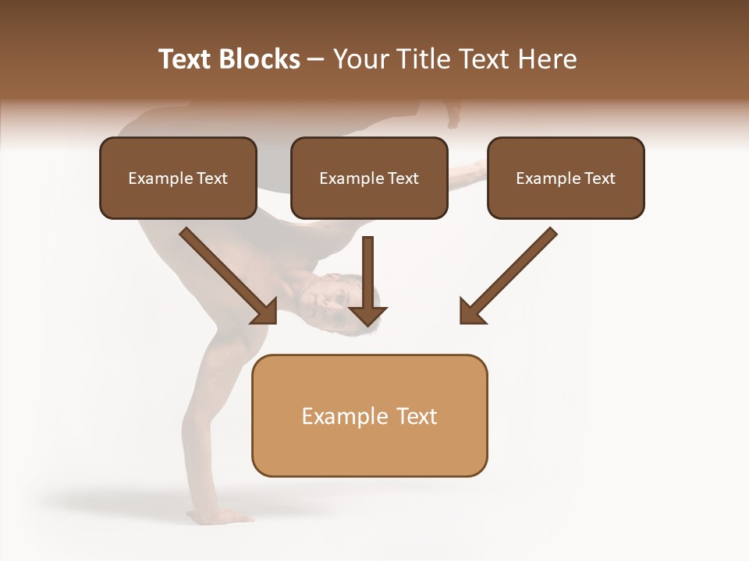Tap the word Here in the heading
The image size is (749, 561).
pyautogui.click(x=548, y=59)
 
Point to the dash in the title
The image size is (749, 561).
pyautogui.click(x=316, y=60)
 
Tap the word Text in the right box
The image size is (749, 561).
pyautogui.click(x=600, y=178)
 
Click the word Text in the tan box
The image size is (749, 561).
pyautogui.click(x=417, y=416)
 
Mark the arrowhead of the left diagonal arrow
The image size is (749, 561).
pyautogui.click(x=265, y=312)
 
